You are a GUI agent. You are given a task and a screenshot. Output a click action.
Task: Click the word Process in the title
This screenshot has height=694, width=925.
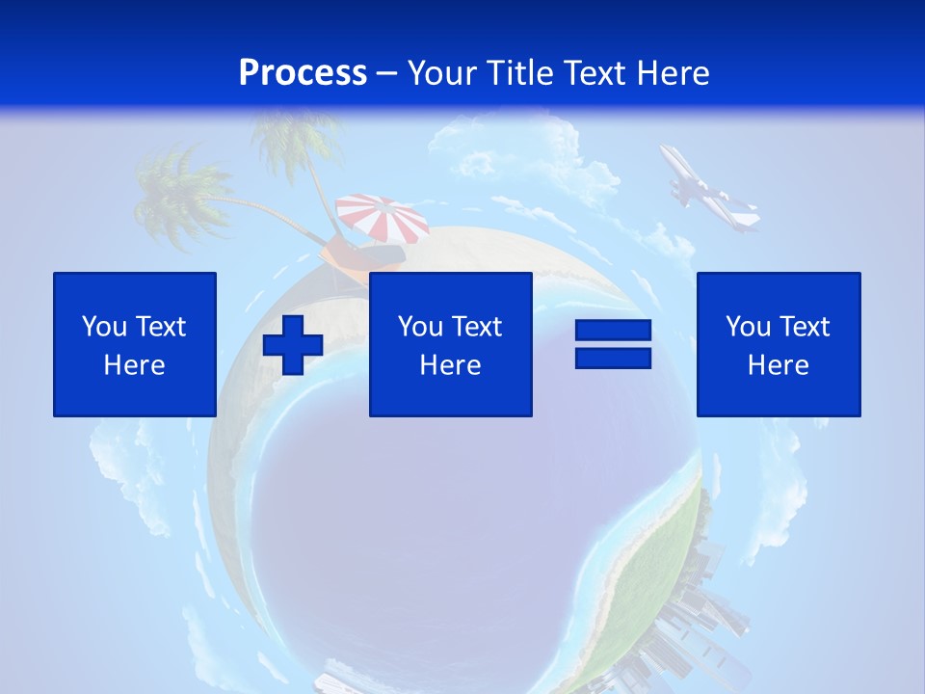[303, 73]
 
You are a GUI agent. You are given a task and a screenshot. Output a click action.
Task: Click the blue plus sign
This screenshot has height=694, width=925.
[293, 344]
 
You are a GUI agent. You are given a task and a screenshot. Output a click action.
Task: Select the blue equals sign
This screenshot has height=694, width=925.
[613, 344]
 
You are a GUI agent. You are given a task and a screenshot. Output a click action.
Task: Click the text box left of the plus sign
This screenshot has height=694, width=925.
[135, 344]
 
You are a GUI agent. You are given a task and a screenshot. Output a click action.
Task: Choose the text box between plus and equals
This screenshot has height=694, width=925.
[450, 344]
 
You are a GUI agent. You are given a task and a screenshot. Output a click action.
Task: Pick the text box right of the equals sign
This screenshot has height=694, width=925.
[779, 344]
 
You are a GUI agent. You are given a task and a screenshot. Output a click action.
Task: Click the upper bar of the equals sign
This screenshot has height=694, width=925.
[613, 332]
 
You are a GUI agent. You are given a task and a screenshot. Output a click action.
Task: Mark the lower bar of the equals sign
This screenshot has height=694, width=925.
[613, 358]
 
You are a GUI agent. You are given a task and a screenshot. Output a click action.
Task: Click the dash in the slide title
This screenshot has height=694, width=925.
[387, 73]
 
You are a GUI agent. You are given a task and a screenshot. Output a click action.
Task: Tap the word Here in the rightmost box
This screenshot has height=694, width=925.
[779, 365]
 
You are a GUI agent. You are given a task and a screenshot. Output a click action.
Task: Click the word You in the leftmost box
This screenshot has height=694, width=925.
[104, 327]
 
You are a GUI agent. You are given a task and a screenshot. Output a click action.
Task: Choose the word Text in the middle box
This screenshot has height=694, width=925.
[477, 327]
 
